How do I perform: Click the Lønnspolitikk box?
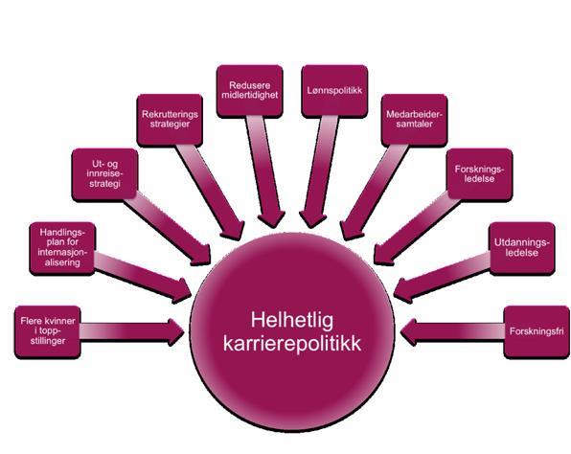pos(334,91)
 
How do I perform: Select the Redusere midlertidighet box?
pos(249,91)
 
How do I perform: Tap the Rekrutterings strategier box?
pos(170,120)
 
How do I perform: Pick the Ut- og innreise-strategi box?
pos(104,174)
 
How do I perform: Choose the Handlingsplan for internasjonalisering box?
pos(62,248)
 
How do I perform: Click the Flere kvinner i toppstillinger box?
pos(48,332)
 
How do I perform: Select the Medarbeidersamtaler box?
pos(415,120)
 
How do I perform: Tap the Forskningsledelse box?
pos(479,174)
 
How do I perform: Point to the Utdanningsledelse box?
pos(522,248)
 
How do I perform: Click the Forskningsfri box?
pos(537,332)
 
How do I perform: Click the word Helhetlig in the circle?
pos(292,320)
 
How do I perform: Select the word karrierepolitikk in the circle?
pos(292,344)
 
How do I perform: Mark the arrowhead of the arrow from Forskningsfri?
pos(408,332)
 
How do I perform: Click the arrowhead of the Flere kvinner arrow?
pos(176,332)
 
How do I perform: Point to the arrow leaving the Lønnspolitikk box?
pos(320,171)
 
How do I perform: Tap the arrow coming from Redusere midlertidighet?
pos(264,171)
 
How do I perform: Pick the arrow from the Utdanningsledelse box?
pos(443,277)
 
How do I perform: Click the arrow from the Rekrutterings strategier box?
pos(210,193)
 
